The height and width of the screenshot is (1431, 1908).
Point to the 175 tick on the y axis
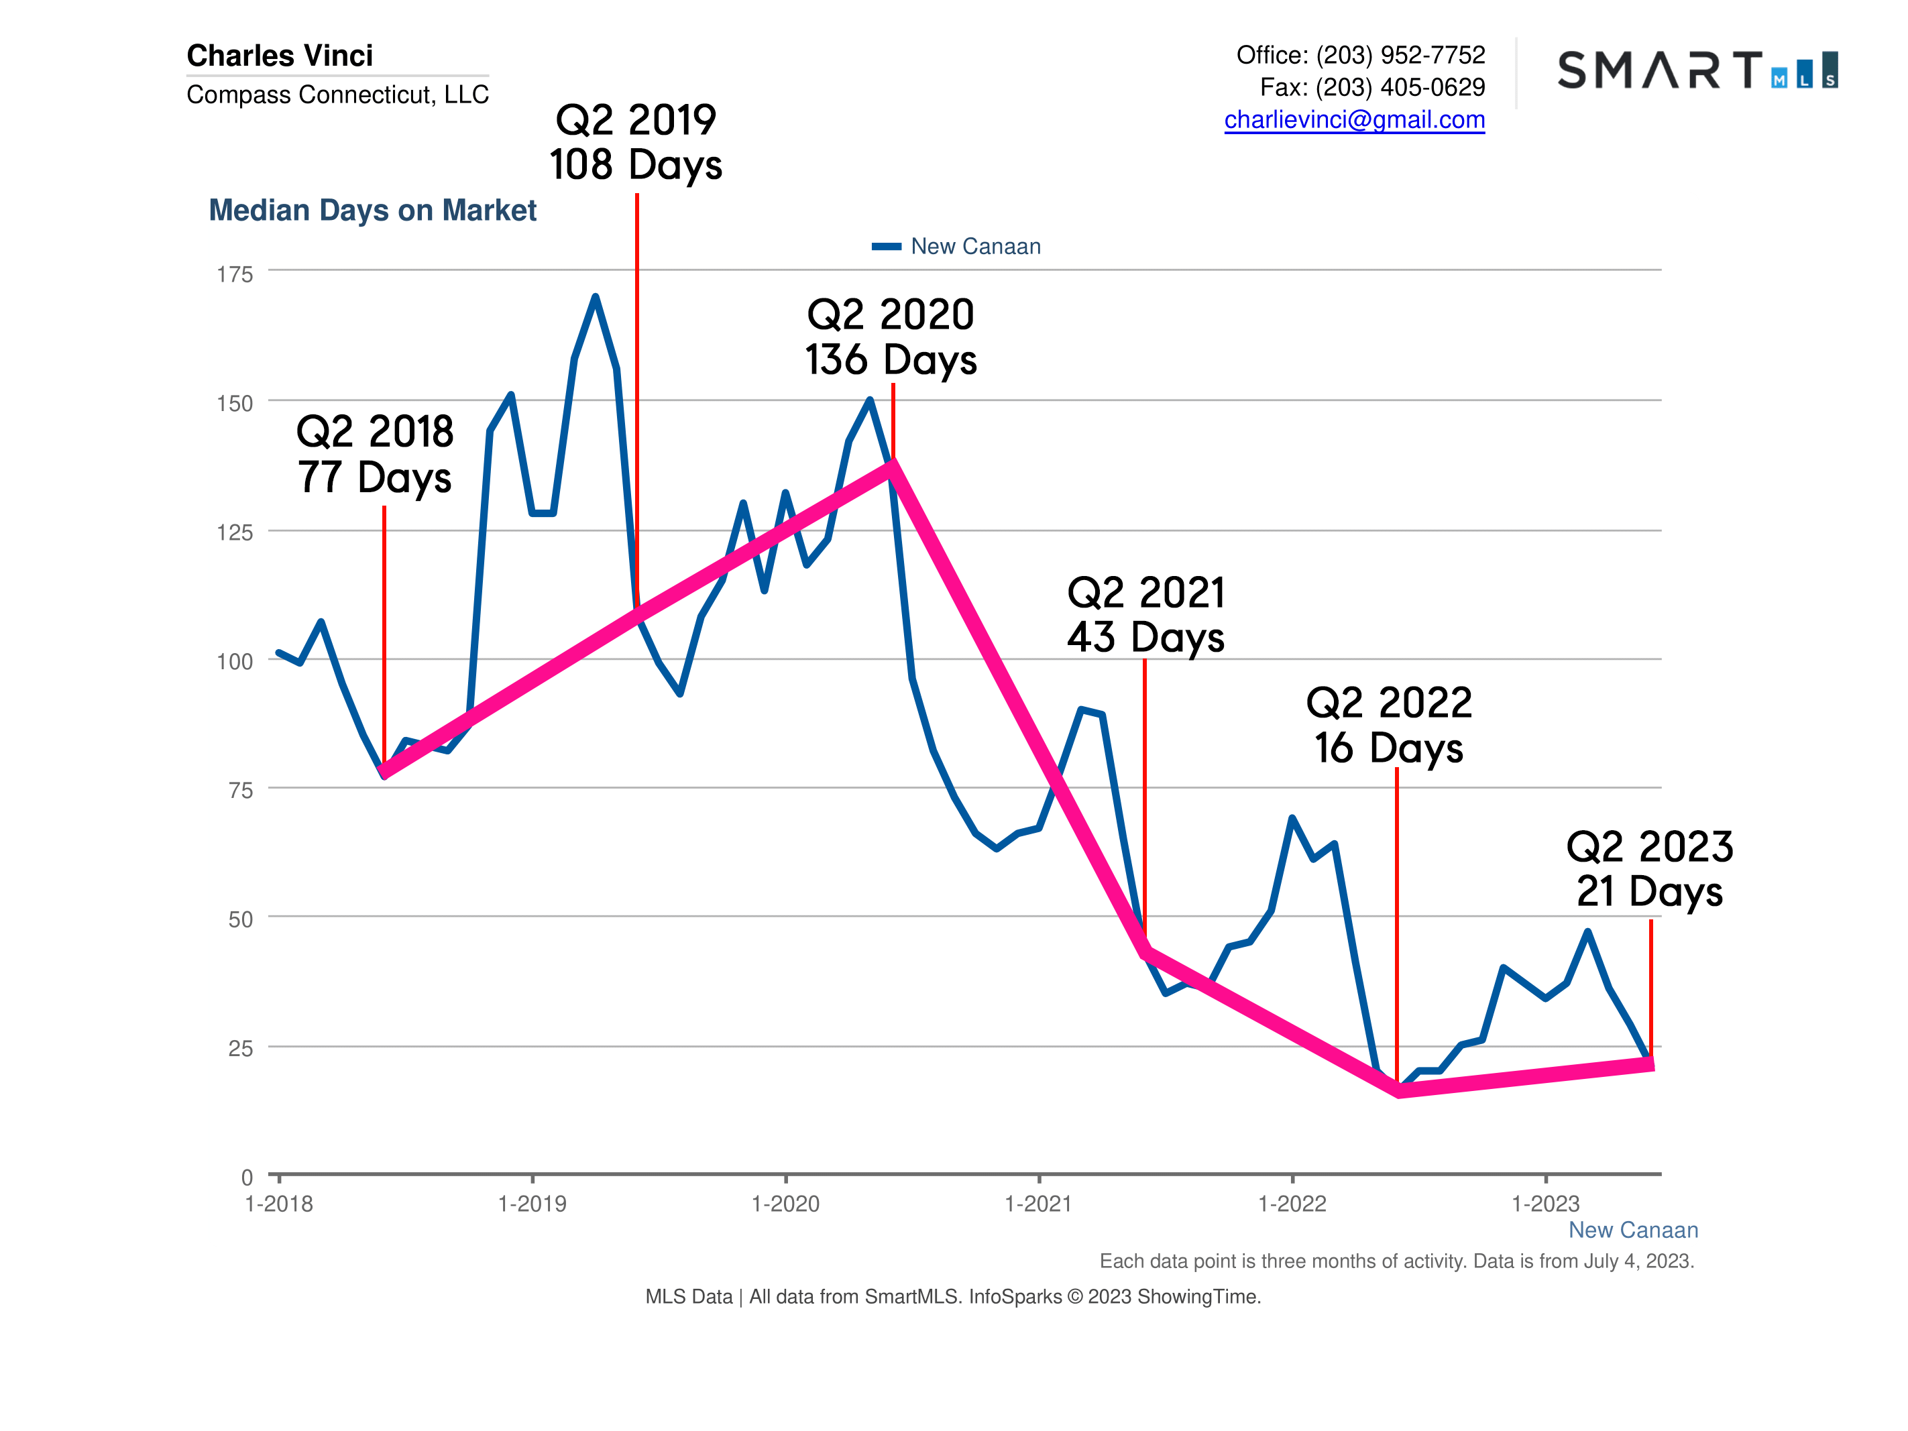click(x=235, y=274)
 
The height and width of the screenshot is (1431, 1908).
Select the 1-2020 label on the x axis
click(x=785, y=1204)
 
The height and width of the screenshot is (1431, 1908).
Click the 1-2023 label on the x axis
click(x=1545, y=1204)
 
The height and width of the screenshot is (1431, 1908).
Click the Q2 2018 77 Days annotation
click(x=374, y=455)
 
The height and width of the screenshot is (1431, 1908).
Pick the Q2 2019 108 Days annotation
click(x=636, y=142)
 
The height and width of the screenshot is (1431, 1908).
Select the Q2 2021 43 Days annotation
click(x=1145, y=615)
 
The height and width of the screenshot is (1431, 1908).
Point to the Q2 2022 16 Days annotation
click(x=1389, y=725)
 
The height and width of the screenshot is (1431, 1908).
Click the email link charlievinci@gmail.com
click(x=1354, y=120)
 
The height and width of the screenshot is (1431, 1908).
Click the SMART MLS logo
click(x=1697, y=70)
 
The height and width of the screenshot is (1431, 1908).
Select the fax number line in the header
click(x=1371, y=87)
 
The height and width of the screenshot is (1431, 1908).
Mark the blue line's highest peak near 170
click(x=595, y=298)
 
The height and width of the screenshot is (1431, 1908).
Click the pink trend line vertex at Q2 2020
click(x=893, y=465)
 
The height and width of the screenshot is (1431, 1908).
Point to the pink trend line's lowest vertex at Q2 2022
click(x=1398, y=1091)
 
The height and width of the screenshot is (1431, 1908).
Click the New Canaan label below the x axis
click(x=1632, y=1230)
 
